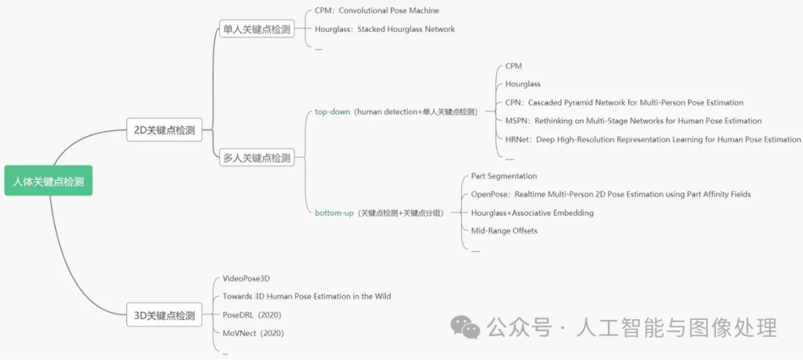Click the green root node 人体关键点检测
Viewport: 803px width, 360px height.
coord(48,181)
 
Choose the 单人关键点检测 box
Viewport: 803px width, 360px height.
coord(257,30)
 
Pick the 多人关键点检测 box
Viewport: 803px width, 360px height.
coord(257,158)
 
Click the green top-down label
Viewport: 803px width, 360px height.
coord(332,112)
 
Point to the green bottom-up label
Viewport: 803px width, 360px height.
coord(334,213)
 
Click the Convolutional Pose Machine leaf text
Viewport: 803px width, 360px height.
coord(377,11)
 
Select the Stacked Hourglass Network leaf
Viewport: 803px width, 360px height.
coord(384,30)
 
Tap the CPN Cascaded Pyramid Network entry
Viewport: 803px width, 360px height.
coord(624,103)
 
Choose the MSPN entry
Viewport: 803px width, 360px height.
coord(633,120)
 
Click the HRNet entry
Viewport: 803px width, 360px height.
coord(653,139)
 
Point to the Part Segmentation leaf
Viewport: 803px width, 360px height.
coord(503,176)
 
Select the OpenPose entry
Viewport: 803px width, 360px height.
coord(610,194)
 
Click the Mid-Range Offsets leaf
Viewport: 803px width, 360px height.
coord(503,231)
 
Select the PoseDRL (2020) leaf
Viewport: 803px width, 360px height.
coord(252,315)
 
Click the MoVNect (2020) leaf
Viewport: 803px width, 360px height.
coord(253,333)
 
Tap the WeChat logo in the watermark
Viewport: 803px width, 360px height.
coord(468,327)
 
